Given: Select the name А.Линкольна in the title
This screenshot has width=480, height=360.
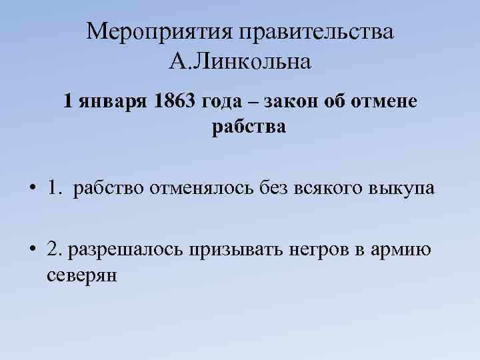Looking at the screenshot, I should point(240,63).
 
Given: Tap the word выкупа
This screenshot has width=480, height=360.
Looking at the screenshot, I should point(401,189).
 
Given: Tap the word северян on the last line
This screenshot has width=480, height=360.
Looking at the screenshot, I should point(82,275).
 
